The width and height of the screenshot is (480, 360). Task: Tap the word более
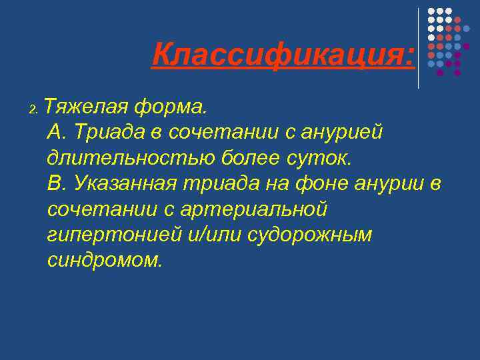coord(245,158)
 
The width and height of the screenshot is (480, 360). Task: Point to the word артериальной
coord(255,209)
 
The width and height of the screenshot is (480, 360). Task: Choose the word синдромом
coord(105,261)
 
